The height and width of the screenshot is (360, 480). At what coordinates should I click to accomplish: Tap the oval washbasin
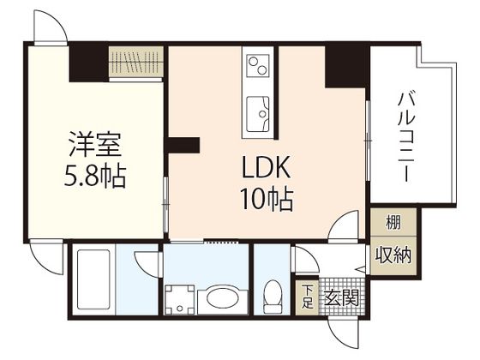[222, 301]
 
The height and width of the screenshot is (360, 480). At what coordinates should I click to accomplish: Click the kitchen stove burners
[256, 65]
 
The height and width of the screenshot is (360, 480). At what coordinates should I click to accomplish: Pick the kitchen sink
[257, 110]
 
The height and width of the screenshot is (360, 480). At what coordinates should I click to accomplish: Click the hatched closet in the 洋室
[135, 63]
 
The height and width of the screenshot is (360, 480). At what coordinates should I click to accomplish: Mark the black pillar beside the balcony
[346, 65]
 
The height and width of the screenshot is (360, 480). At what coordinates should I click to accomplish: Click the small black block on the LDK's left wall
[183, 145]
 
